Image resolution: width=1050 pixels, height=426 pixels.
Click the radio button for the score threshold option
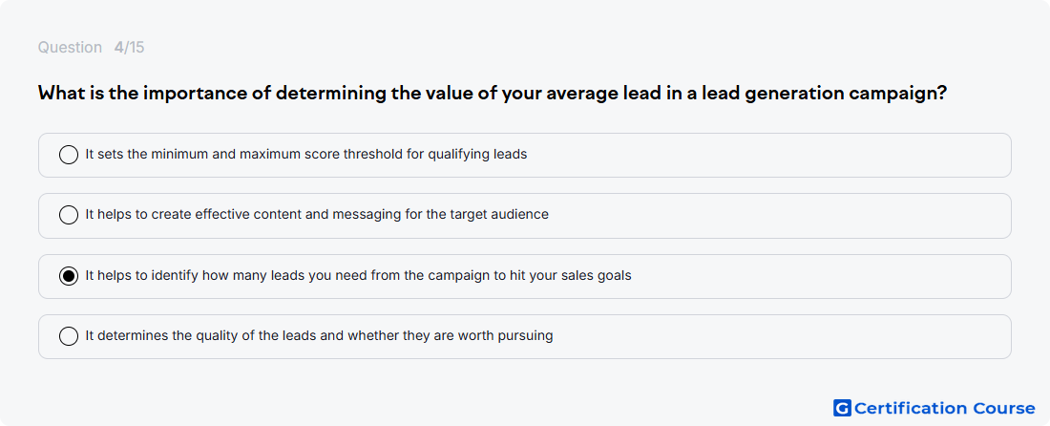tap(69, 155)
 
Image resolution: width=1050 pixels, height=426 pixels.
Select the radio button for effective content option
tap(69, 215)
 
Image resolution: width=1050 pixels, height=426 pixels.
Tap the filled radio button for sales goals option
tap(69, 276)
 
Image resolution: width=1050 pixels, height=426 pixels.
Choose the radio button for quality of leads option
tap(69, 336)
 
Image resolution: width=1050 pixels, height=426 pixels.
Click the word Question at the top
tap(70, 48)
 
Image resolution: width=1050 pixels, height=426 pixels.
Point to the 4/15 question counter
tap(129, 48)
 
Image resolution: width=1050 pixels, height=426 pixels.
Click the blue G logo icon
tap(842, 408)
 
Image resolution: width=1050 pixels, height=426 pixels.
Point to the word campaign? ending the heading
tap(897, 93)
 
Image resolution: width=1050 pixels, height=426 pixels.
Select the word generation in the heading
tap(786, 93)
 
